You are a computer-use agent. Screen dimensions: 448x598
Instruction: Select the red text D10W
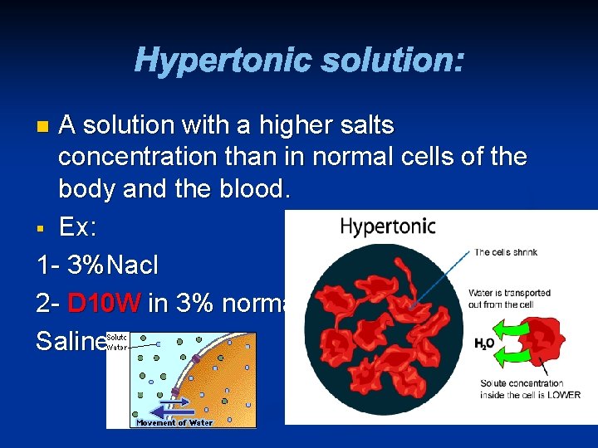pyautogui.click(x=104, y=304)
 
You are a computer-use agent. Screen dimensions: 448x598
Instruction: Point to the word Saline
pyautogui.click(x=71, y=342)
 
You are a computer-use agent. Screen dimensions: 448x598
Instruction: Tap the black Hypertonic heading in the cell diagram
pyautogui.click(x=388, y=226)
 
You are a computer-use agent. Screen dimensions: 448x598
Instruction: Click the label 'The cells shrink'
pyautogui.click(x=506, y=252)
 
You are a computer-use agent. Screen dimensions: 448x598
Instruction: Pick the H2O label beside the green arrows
pyautogui.click(x=483, y=343)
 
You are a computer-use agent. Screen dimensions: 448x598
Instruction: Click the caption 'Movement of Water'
pyautogui.click(x=174, y=422)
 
